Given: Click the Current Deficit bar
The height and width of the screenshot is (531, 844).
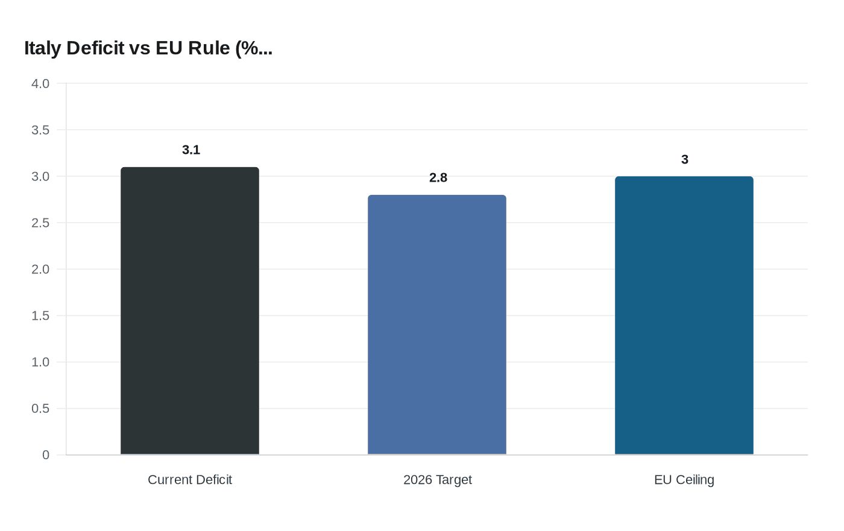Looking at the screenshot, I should point(190,311).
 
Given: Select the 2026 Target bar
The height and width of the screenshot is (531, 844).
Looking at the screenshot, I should point(437,325).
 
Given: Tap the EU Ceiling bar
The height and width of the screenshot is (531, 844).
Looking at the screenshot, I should point(684,316).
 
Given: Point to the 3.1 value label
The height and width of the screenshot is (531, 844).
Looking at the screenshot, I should point(191,150).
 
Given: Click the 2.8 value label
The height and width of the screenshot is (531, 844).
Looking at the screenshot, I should point(438,178).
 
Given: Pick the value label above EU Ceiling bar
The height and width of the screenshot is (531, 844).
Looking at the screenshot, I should point(685,160).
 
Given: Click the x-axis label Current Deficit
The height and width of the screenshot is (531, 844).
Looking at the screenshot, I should point(190,480).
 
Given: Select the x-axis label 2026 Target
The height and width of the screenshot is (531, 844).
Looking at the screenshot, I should point(438,480).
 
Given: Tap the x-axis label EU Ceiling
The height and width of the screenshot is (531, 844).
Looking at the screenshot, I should point(684,480).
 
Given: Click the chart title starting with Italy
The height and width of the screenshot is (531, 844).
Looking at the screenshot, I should point(148,48).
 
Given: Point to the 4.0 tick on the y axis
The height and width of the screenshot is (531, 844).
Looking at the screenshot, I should point(40,84).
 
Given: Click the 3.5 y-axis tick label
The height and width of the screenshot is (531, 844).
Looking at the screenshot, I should point(40,130).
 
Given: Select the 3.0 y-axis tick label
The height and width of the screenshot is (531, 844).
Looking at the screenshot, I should point(40,177).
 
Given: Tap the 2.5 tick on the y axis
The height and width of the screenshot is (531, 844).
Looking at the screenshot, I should point(40,223).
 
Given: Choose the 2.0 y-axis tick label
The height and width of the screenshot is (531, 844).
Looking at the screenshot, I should point(40,270).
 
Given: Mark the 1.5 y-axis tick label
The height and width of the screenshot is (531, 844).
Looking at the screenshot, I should point(40,316).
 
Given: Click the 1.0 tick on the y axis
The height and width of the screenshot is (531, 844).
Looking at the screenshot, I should point(40,363).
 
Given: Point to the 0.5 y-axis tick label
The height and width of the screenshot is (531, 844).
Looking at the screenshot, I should point(40,409).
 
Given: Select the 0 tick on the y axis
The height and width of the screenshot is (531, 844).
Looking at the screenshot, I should point(46,456).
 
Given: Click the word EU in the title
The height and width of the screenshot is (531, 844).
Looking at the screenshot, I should point(169,48).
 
